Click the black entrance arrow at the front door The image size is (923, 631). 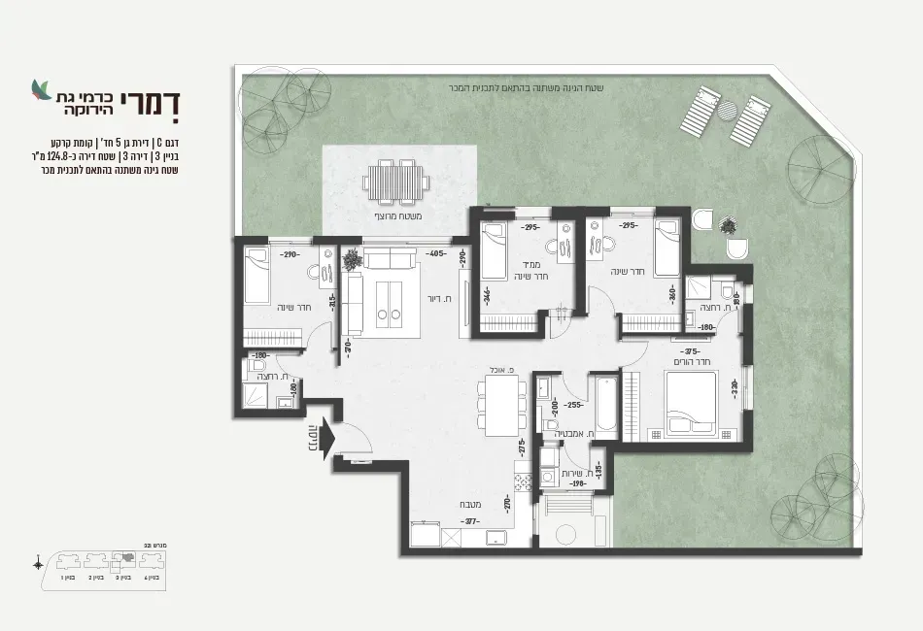[325, 438]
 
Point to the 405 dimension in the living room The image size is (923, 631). [436, 254]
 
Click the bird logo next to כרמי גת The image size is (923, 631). [41, 90]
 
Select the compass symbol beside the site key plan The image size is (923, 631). [38, 562]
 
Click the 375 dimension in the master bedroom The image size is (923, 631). [692, 352]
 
